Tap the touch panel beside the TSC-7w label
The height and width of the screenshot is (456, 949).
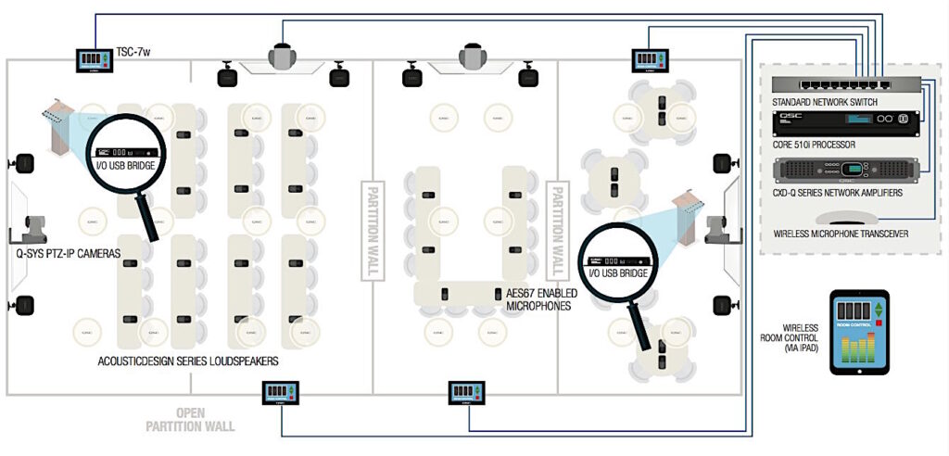pyautogui.click(x=95, y=58)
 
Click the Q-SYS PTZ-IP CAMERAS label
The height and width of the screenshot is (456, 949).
pyautogui.click(x=69, y=253)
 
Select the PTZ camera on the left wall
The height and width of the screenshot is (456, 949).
pyautogui.click(x=33, y=228)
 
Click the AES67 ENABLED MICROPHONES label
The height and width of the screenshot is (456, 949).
pyautogui.click(x=542, y=298)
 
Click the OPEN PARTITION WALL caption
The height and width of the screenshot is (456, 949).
pyautogui.click(x=190, y=420)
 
